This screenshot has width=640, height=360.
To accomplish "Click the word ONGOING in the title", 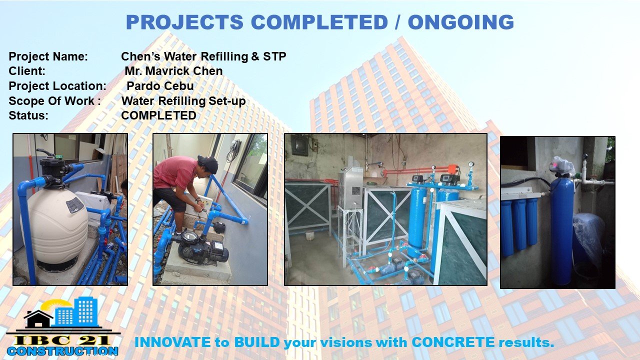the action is (461, 22).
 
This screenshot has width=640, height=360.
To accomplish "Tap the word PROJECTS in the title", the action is (184, 22).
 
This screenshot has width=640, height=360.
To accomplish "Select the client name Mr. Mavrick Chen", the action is (173, 71).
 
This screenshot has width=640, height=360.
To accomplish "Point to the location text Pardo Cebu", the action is (160, 85).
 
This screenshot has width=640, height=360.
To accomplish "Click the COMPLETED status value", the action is (158, 115).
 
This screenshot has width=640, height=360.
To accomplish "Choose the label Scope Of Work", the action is (51, 100).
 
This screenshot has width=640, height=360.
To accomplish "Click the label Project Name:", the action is (48, 56).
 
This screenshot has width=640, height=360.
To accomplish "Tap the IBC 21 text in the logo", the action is (62, 340).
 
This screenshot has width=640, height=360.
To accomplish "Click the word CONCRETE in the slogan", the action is (453, 342).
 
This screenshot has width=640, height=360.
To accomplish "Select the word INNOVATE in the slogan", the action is (172, 342).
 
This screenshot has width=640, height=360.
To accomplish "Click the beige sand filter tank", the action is (54, 228).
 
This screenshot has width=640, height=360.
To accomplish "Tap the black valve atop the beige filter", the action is (51, 170).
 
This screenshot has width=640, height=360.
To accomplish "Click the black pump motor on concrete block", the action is (203, 248).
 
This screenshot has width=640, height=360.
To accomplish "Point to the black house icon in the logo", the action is (38, 319).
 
